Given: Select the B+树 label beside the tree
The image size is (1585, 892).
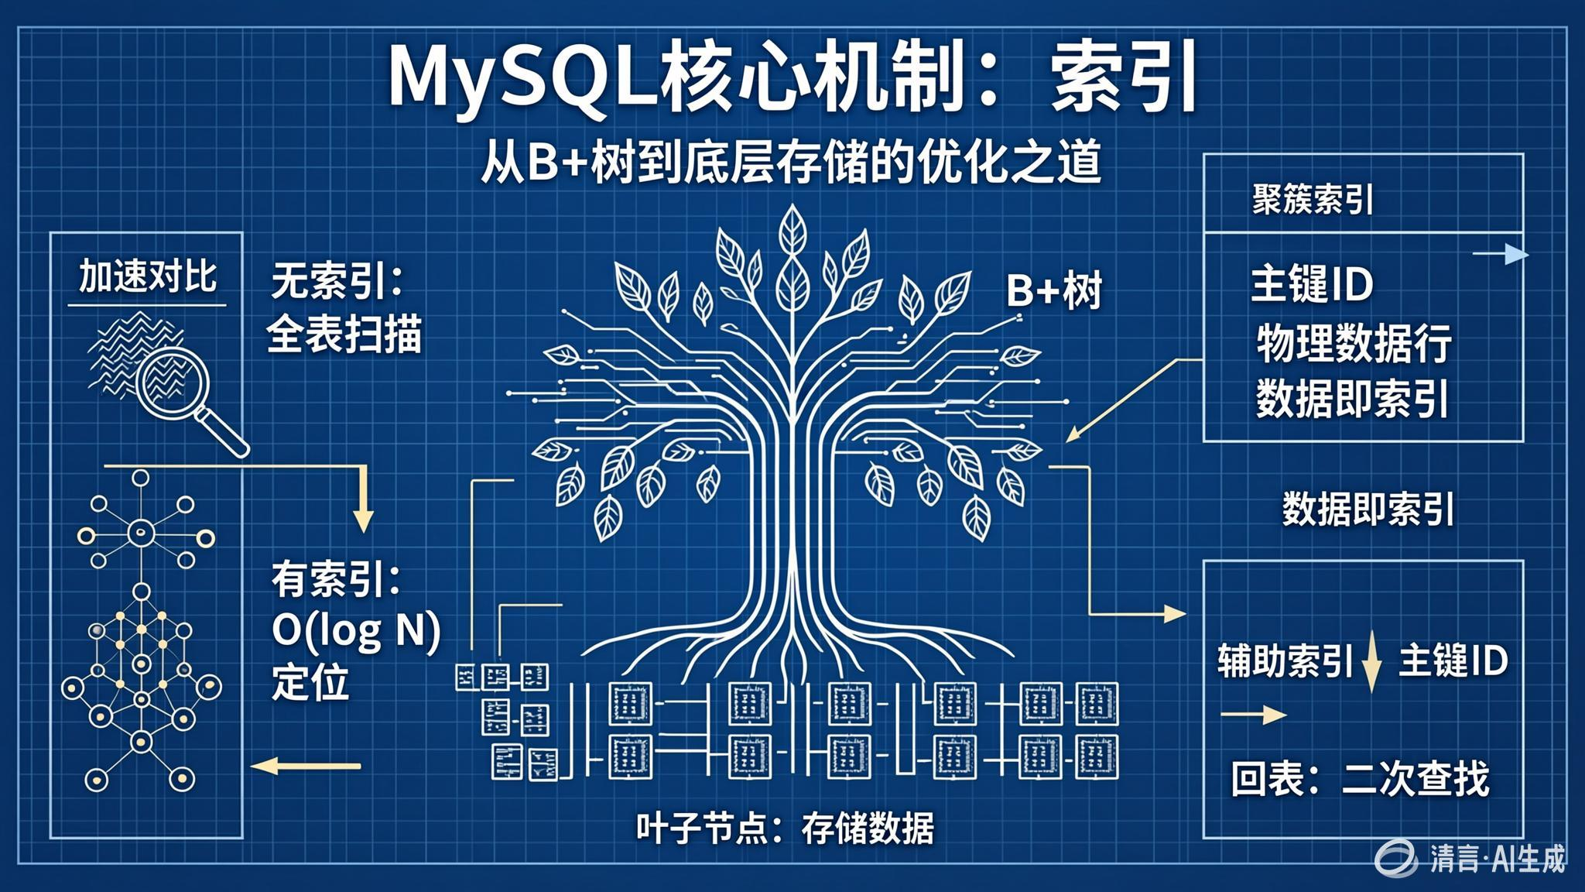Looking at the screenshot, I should [x=1053, y=292].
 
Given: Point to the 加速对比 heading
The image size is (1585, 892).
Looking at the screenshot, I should [x=147, y=277].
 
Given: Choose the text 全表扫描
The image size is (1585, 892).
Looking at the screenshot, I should [x=344, y=336].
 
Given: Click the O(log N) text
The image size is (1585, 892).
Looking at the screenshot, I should [x=356, y=631].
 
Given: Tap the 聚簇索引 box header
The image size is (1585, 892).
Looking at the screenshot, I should [x=1313, y=200].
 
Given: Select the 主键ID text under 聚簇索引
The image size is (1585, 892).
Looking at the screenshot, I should [x=1312, y=284].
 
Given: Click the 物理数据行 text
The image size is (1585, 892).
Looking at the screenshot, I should [x=1353, y=343].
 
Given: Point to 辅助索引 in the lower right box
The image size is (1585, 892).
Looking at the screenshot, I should [x=1285, y=661].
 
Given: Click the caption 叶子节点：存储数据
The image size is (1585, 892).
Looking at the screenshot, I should [x=785, y=829].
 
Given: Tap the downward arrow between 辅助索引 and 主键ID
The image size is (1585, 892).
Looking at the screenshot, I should [x=1371, y=661].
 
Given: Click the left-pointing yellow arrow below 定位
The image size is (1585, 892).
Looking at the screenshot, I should [x=306, y=767].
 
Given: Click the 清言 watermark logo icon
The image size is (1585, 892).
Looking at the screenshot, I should [x=1397, y=858].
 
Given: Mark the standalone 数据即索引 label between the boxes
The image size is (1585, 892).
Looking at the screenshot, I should [x=1368, y=510].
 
